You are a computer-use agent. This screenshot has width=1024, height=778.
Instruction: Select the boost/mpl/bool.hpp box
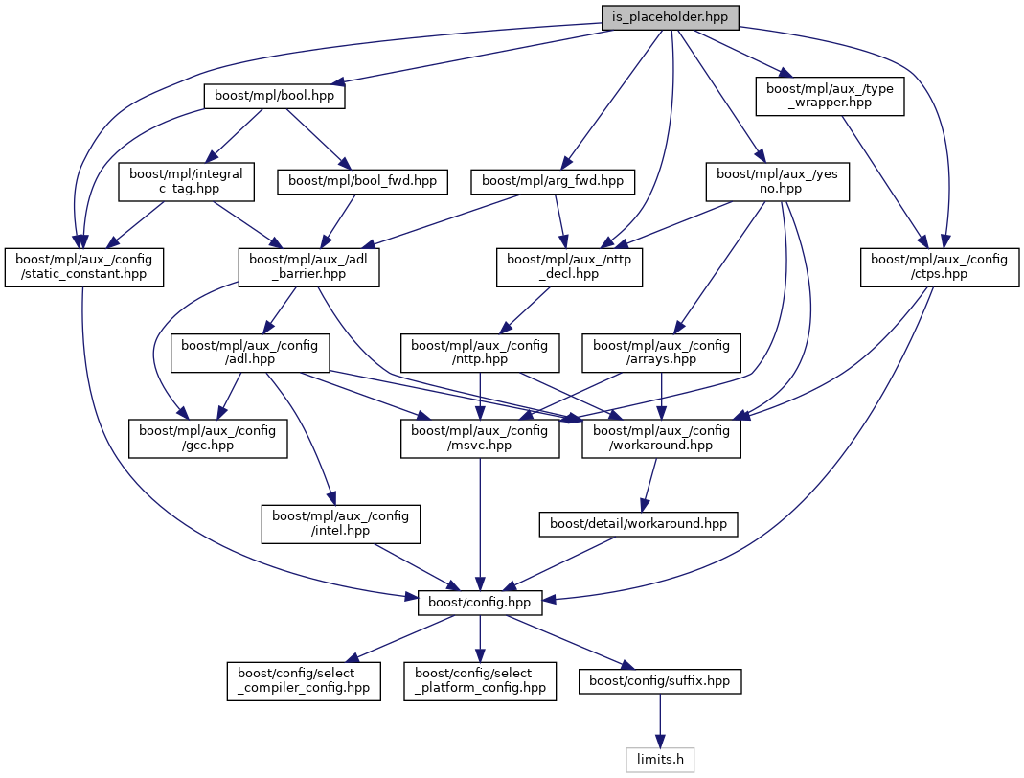point(274,97)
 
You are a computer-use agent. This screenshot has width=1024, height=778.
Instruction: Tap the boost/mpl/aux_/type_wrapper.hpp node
point(830,95)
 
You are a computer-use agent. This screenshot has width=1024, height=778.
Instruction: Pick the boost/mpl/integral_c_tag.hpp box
point(186,180)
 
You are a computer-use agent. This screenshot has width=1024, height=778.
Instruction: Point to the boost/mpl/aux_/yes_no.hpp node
point(777,180)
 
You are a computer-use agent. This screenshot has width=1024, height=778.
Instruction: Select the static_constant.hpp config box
point(83,266)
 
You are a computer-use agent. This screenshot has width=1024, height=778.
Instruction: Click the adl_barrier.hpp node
point(308,266)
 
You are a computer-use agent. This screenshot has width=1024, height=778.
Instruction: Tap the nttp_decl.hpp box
point(569,266)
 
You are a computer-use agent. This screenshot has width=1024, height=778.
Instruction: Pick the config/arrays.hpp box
point(661,353)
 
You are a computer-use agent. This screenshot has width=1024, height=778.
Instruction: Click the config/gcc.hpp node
point(208,438)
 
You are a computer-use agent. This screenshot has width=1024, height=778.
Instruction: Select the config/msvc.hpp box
point(480,438)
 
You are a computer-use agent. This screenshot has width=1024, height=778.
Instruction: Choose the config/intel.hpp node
point(340,524)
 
